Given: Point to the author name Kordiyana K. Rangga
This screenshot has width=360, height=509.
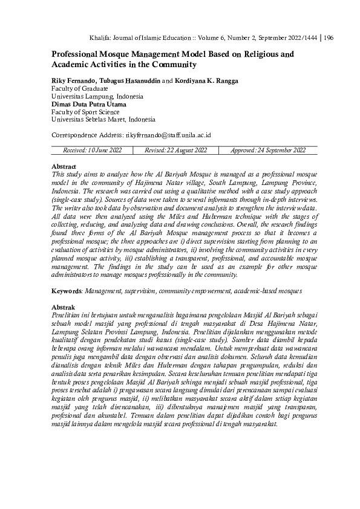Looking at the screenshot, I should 206,81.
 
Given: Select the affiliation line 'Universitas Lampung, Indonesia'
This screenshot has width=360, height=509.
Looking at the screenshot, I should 97,96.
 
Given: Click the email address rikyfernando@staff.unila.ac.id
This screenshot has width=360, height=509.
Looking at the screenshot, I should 168,135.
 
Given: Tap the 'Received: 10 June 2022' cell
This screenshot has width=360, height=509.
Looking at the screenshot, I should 97,150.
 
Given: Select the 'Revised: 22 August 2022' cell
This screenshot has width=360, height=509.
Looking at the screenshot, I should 176,150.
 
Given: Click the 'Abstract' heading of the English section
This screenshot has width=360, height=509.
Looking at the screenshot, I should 64,166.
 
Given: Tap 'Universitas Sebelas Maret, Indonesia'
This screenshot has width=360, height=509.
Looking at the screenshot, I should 103,119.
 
